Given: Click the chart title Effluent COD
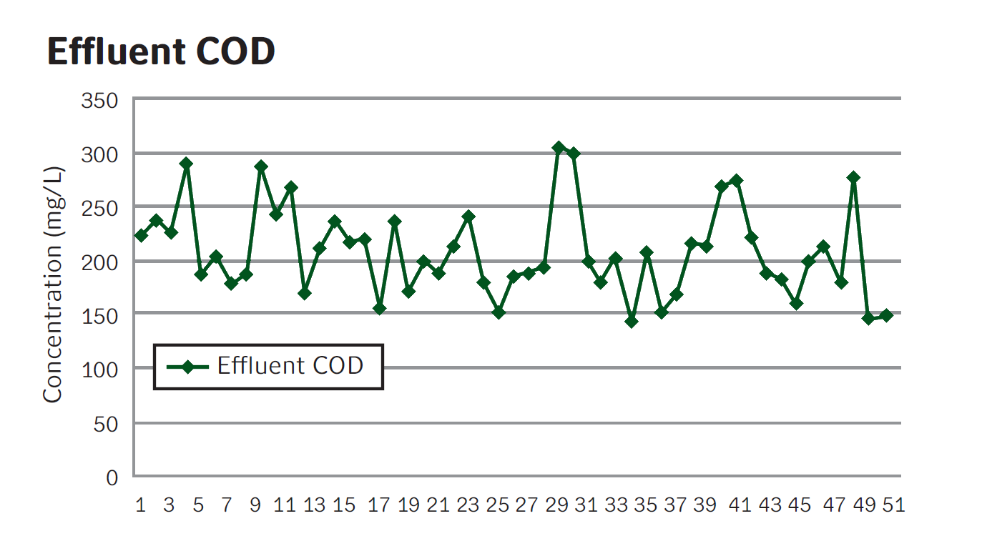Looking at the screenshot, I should [161, 51].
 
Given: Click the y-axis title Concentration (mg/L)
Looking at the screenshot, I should [54, 284].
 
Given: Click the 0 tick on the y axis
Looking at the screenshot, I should [112, 477].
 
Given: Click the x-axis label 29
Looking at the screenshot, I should [557, 505].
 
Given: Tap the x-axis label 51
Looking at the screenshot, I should [893, 505].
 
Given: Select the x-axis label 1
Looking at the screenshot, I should [140, 505].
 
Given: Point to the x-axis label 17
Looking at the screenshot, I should [379, 505].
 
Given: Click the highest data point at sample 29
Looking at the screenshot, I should [559, 147].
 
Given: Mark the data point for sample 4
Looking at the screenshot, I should [186, 164].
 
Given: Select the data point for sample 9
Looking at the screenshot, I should [261, 167].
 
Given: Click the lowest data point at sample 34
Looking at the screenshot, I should [631, 322].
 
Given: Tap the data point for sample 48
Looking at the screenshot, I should [853, 177].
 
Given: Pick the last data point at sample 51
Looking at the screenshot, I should [886, 315].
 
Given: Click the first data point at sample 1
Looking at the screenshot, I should [141, 235].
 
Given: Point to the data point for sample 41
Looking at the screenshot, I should [737, 180].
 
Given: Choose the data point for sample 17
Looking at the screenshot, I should [380, 309].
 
